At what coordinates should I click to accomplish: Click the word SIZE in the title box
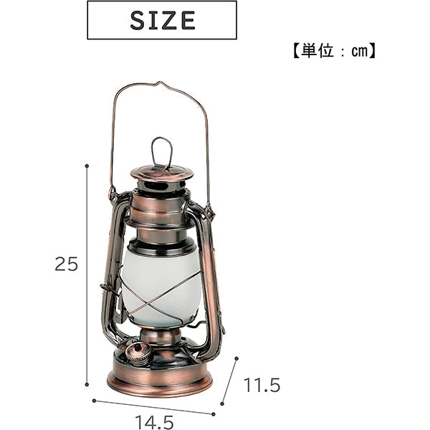point(162,20)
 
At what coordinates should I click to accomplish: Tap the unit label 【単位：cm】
point(334,52)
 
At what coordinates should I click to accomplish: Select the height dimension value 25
point(66,264)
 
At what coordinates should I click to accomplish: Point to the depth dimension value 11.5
point(262,386)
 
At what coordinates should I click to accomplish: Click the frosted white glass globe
point(161,283)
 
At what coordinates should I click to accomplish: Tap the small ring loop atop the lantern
point(161,153)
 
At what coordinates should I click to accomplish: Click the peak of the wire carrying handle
point(159,83)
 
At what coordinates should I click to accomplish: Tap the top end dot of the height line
point(87,166)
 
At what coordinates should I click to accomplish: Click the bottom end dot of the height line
point(87,384)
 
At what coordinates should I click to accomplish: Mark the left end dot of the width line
point(94,401)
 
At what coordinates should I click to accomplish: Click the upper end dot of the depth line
point(236,361)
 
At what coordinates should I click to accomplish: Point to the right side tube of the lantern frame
point(211,287)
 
